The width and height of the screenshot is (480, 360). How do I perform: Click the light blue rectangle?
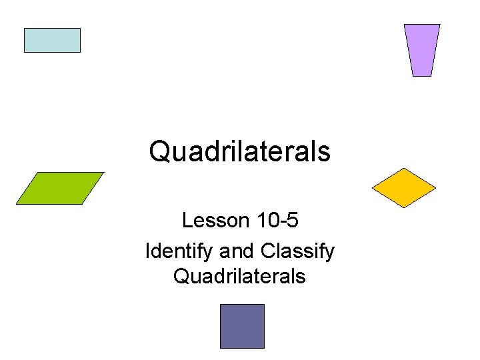click(52, 40)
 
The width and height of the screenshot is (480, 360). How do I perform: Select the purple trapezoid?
click(422, 50)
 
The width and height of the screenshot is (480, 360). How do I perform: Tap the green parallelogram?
click(60, 188)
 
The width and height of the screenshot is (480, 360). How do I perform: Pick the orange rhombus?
click(403, 188)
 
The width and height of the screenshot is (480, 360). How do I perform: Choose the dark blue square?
click(242, 326)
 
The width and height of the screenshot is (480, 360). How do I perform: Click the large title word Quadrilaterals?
click(240, 151)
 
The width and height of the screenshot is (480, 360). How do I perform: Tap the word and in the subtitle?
click(233, 251)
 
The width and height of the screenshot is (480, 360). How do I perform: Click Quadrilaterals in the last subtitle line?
click(240, 275)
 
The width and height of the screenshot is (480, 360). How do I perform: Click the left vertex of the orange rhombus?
click(372, 188)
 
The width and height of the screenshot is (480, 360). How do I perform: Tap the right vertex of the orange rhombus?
click(435, 188)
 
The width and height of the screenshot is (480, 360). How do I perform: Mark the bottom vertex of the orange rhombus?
click(404, 208)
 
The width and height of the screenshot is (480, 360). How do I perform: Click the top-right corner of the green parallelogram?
click(104, 173)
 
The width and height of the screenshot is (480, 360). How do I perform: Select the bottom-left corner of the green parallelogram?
click(16, 204)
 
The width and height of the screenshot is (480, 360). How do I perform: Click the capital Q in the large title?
click(160, 151)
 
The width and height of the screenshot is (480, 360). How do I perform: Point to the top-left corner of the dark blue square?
click(221, 305)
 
